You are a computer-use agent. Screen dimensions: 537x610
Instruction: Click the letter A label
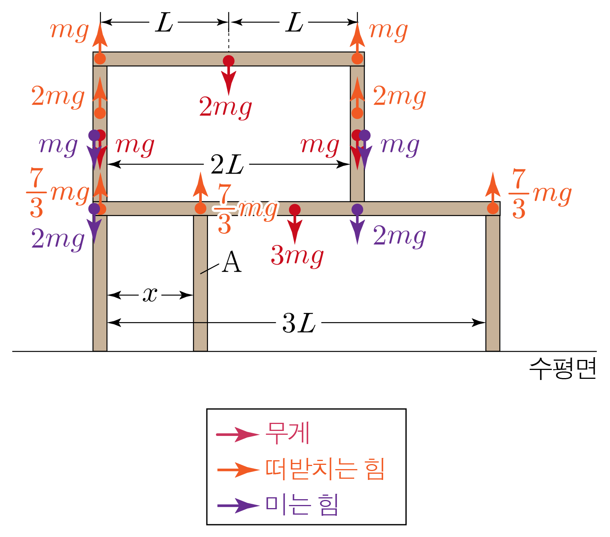232,262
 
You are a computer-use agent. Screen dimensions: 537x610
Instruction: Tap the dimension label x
150,295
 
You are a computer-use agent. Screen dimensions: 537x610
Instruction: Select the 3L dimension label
299,323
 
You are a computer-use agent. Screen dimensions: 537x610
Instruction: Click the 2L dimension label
227,165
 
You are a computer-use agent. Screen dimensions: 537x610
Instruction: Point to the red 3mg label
297,256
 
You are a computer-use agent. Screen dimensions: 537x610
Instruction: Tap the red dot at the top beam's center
228,61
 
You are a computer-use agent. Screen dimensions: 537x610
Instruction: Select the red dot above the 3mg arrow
295,209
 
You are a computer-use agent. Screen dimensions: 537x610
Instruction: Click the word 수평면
563,369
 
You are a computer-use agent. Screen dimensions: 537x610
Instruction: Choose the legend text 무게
288,433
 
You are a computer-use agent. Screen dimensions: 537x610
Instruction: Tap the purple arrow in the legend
238,505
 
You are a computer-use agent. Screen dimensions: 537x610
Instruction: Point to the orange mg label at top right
388,30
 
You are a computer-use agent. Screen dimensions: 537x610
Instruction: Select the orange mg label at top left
69,30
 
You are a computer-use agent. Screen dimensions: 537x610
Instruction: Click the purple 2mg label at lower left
58,239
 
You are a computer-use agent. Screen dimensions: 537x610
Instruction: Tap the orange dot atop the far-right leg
493,208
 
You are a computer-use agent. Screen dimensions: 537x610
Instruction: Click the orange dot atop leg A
200,208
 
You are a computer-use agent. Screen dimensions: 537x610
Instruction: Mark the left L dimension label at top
164,23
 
